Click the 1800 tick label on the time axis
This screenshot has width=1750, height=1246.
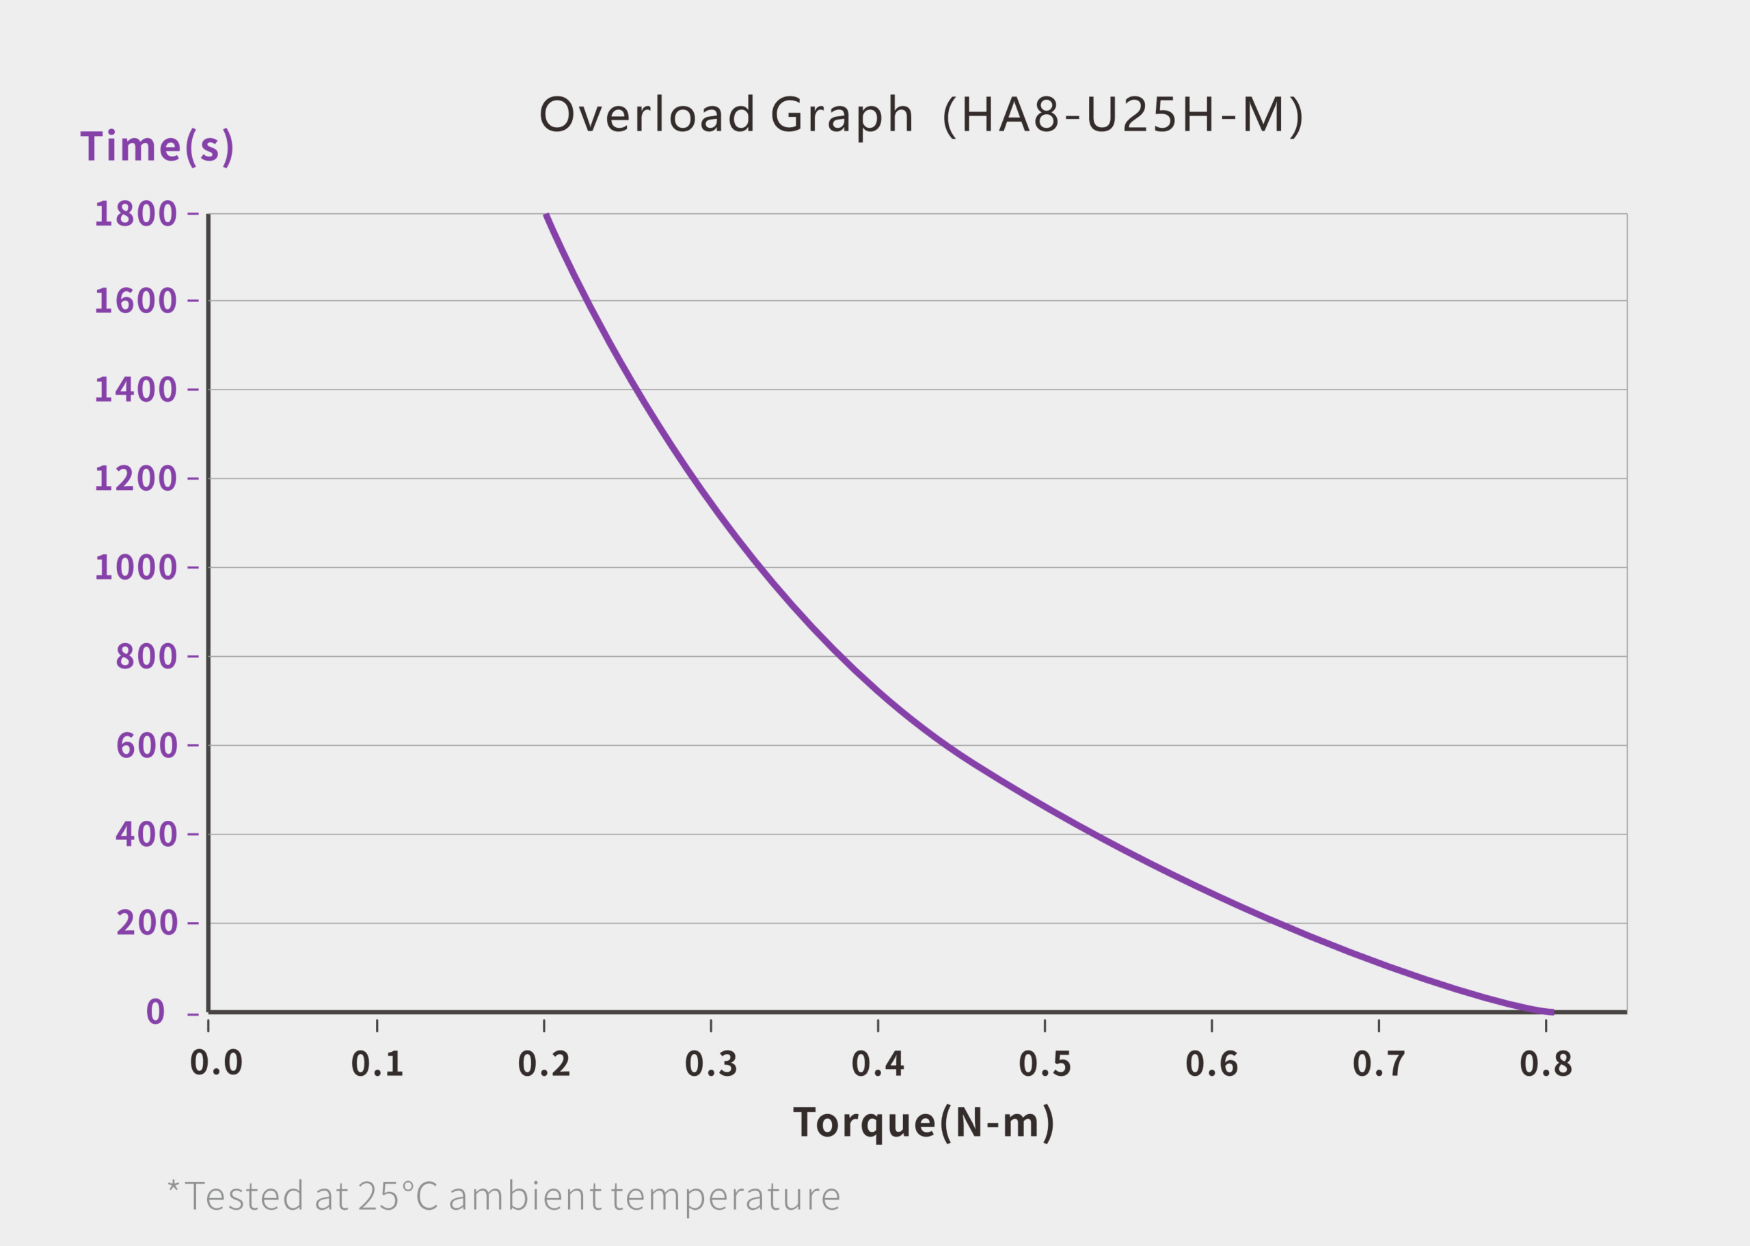[x=136, y=214]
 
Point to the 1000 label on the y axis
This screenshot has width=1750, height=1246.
[x=136, y=568]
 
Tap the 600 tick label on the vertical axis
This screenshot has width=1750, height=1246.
[x=146, y=745]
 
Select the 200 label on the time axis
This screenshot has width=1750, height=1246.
[x=146, y=922]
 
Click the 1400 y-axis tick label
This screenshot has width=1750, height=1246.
[x=136, y=390]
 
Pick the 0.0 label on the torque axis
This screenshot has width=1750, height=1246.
[x=216, y=1064]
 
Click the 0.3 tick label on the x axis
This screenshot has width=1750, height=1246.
[x=710, y=1064]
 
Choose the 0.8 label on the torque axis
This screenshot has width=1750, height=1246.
[x=1545, y=1064]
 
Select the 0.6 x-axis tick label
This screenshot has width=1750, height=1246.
[x=1211, y=1064]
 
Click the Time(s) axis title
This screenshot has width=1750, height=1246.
[x=157, y=146]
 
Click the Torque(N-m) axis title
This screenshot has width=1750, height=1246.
[x=924, y=1122]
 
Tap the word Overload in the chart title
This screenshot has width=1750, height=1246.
[x=647, y=115]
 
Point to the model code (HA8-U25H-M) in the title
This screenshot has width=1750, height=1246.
[x=1122, y=115]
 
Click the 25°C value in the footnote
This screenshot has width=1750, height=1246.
[x=397, y=1196]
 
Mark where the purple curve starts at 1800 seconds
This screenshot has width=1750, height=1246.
[x=546, y=215]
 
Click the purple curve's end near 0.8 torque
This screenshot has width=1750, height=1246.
[x=1551, y=1012]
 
